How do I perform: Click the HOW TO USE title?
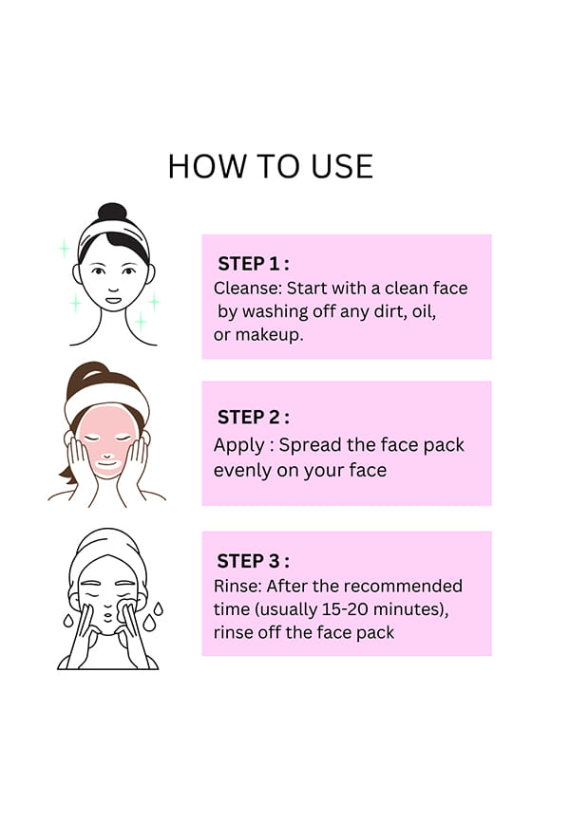271,167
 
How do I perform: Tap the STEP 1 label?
253,264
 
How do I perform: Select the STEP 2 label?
253,418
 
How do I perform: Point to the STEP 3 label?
253,562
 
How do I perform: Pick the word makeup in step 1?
269,335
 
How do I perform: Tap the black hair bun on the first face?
112,212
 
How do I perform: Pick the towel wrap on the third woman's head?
108,551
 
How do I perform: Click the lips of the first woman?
113,301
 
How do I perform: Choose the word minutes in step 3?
410,609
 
